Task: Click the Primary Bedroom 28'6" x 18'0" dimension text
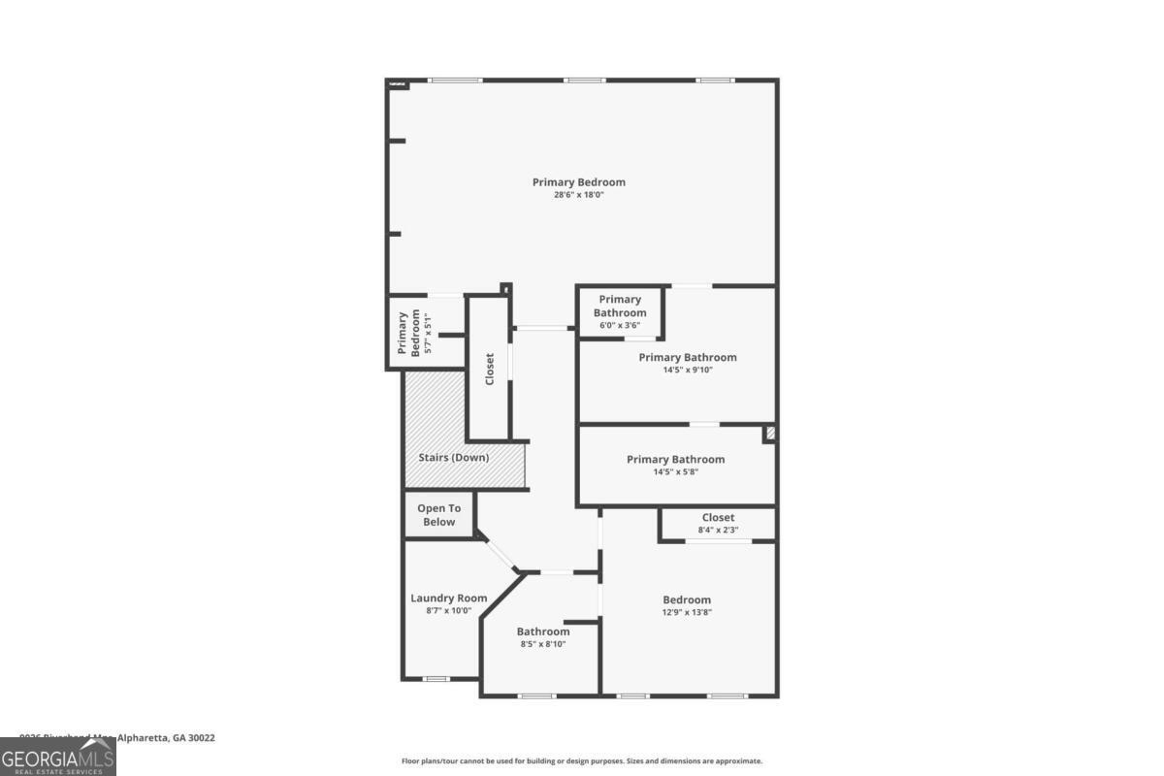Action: point(578,195)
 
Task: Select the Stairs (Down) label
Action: point(454,457)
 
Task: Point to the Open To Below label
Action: point(438,515)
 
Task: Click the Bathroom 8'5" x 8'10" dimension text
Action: point(543,644)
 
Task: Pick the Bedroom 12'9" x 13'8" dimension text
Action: point(687,612)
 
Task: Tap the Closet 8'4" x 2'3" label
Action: point(718,518)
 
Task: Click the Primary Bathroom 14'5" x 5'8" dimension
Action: point(675,471)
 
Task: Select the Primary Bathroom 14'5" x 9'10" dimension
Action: point(688,370)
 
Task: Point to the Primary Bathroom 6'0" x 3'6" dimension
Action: point(620,325)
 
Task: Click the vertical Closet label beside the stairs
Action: point(490,369)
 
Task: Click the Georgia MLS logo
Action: point(58,757)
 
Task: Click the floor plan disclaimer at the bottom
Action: point(582,761)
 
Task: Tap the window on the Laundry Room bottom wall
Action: point(436,679)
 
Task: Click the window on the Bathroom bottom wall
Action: point(535,695)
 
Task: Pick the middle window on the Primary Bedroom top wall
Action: point(585,81)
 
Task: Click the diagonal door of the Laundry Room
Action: point(501,553)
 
